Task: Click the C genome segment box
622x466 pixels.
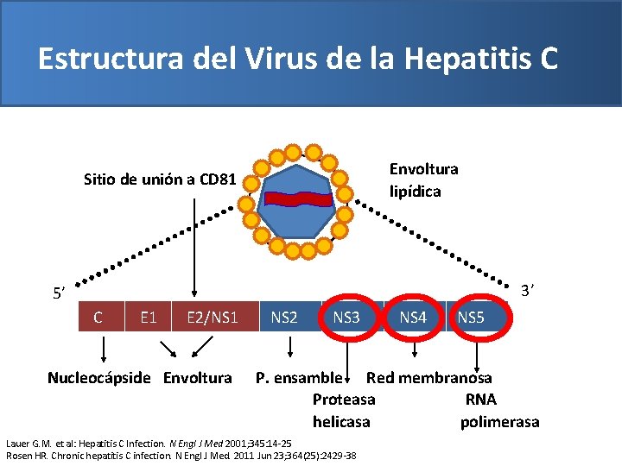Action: coord(98,318)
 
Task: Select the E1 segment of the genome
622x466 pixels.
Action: coord(148,318)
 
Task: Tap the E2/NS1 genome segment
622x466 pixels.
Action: coord(212,318)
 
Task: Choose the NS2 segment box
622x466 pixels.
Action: coord(284,318)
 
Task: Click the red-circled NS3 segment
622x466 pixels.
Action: coord(346,318)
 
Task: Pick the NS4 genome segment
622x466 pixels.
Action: coord(413,318)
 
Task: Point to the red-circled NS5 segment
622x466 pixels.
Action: coord(471,318)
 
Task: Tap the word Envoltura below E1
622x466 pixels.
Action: coord(198,378)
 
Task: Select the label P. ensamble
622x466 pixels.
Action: coord(299,378)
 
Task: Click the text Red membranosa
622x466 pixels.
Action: coord(429,378)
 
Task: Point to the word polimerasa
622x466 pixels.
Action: coord(499,422)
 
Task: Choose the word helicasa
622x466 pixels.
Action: coord(341,422)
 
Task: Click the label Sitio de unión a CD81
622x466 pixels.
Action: coord(159,180)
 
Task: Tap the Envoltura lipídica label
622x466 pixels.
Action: coord(423,179)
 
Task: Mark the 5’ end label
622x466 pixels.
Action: coord(59,294)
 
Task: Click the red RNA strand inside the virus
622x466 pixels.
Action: coord(298,198)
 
